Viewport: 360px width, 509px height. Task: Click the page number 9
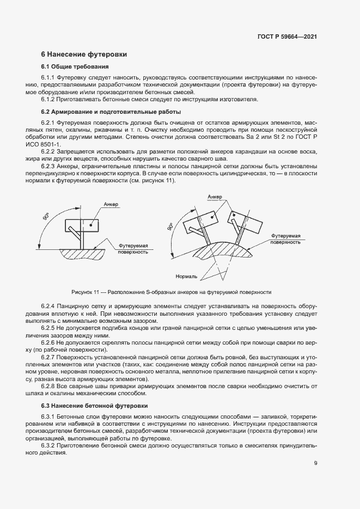pyautogui.click(x=316, y=463)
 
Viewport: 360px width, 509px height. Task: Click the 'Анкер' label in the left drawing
pyautogui.click(x=111, y=204)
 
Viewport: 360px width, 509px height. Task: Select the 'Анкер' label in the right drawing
pyautogui.click(x=214, y=197)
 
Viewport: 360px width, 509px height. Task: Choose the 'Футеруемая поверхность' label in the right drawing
pyautogui.click(x=285, y=239)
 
